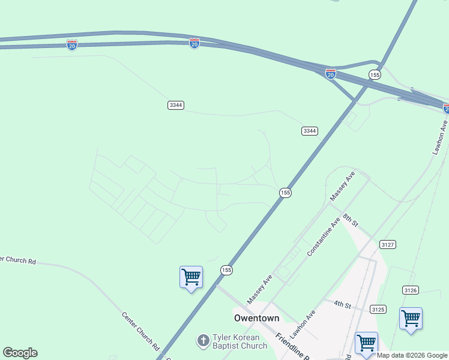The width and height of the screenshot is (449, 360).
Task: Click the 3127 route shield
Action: pyautogui.click(x=387, y=244)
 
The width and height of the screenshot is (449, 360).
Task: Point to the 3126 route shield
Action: pyautogui.click(x=411, y=290)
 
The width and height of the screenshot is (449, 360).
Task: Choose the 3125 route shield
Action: pyautogui.click(x=378, y=310)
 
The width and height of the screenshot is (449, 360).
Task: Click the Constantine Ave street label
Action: pyautogui.click(x=324, y=237)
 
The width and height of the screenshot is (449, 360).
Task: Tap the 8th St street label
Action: pyautogui.click(x=351, y=220)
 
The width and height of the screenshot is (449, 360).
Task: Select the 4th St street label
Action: pyautogui.click(x=342, y=305)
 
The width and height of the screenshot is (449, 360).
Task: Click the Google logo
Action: pyautogui.click(x=20, y=353)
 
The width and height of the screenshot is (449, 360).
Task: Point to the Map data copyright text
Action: pyautogui.click(x=412, y=355)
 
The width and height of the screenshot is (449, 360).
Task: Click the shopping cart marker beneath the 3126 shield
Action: pyautogui.click(x=411, y=319)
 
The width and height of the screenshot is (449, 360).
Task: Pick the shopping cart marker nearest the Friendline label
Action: pyautogui.click(x=366, y=344)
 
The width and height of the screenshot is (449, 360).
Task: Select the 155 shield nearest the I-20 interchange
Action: pyautogui.click(x=375, y=74)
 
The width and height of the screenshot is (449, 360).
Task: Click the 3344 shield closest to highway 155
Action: pyautogui.click(x=310, y=131)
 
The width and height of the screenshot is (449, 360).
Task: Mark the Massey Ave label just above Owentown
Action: pyautogui.click(x=259, y=289)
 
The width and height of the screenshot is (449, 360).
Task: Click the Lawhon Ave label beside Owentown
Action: pyautogui.click(x=303, y=325)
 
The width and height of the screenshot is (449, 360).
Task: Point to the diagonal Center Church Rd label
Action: pyautogui.click(x=140, y=331)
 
